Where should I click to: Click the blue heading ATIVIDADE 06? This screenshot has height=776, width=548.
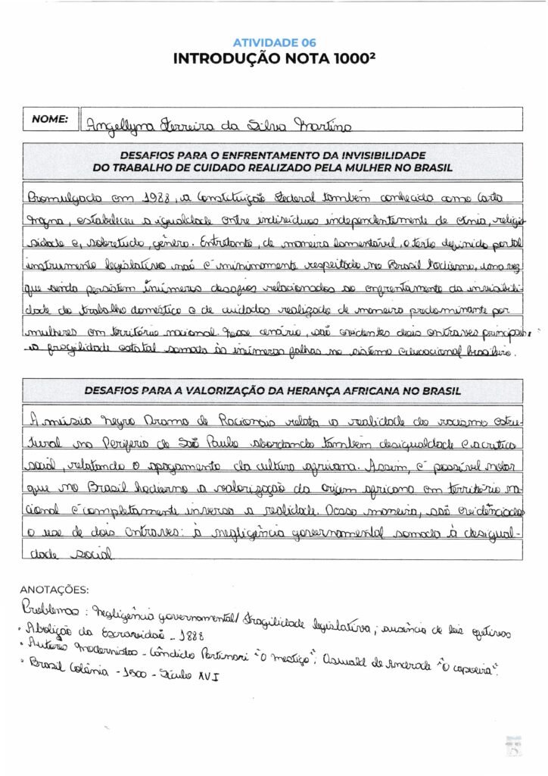coord(273,42)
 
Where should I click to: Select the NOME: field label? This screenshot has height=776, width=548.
coord(49,119)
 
